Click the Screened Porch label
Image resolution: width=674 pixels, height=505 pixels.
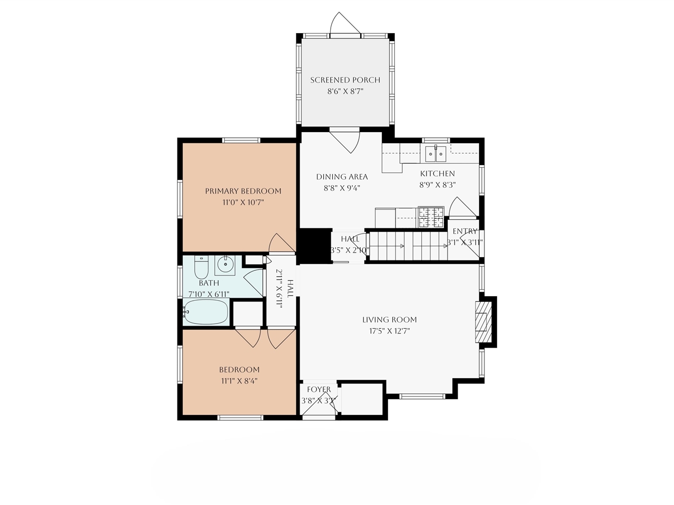click(345, 80)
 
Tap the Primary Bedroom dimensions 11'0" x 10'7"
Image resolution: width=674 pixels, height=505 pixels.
click(243, 202)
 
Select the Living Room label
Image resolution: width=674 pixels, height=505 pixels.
click(389, 320)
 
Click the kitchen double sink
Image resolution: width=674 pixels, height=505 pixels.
click(435, 154)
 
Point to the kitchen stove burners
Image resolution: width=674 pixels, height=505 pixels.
click(431, 217)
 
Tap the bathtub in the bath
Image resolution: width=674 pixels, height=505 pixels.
click(206, 312)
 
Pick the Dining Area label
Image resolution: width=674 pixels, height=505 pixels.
click(342, 177)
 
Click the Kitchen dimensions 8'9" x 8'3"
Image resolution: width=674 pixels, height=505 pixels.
click(437, 185)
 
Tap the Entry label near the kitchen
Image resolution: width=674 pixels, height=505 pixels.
click(465, 231)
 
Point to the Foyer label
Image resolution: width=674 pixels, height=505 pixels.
click(319, 390)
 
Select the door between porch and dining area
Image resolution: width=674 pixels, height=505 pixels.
click(345, 139)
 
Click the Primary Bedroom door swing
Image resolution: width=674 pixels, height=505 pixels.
click(281, 243)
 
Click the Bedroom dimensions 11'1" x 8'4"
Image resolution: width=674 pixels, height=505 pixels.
click(239, 381)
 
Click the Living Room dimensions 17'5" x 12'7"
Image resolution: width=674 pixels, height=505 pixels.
click(389, 331)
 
